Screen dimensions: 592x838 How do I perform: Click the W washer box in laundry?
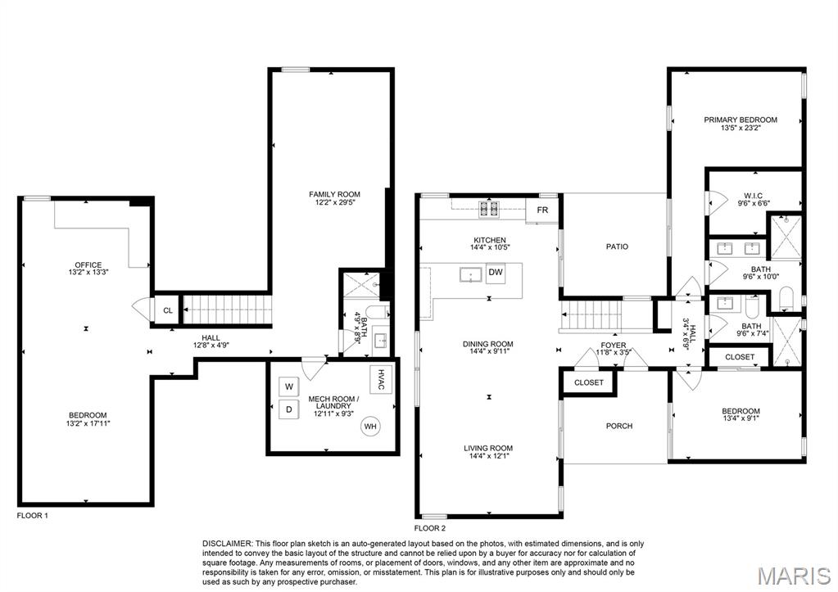[289, 386]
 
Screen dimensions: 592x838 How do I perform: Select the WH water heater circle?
[370, 426]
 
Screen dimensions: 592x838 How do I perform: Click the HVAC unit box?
[382, 379]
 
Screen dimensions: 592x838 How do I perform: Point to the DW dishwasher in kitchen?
[495, 272]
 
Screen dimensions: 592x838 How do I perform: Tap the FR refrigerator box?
[542, 210]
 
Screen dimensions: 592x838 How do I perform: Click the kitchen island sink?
[471, 274]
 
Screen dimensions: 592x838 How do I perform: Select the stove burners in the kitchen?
[490, 210]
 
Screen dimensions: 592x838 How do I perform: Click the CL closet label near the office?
[168, 310]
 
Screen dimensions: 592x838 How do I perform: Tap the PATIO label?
[617, 246]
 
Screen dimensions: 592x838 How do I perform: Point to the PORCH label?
[618, 426]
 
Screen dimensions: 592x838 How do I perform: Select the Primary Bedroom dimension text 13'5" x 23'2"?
[741, 128]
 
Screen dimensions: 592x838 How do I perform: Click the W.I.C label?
[753, 195]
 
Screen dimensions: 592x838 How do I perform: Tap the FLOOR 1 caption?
[34, 516]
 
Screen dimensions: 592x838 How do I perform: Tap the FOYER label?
[613, 346]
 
